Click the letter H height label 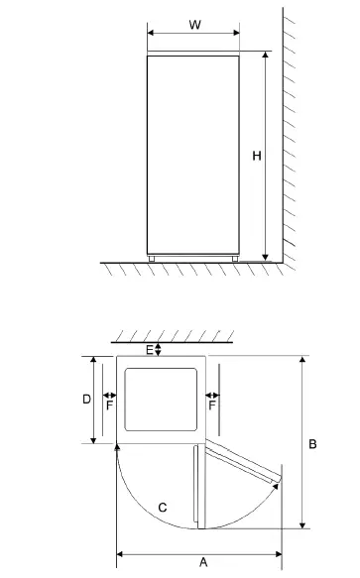coord(256,156)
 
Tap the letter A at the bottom coord(203,562)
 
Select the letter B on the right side coord(312,444)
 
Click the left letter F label coord(109,405)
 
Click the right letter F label coord(212,405)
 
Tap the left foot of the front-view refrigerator coord(153,259)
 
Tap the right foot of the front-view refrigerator coord(235,259)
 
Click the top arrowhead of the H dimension coord(267,57)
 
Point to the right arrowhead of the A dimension coord(278,553)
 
